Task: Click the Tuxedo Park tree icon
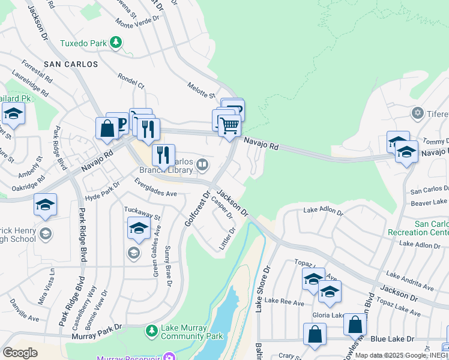(116, 43)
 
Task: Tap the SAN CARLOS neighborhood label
(70, 64)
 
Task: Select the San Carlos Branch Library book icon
(203, 164)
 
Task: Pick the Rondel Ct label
(131, 80)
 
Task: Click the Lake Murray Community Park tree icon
(152, 330)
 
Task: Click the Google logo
(20, 353)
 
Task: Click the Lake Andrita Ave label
(410, 280)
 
